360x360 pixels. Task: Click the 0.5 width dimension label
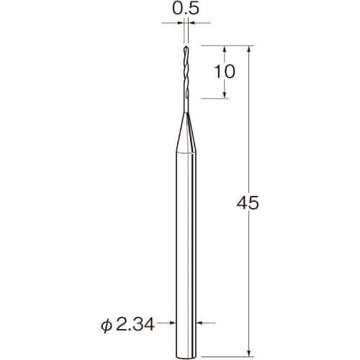(x=186, y=9)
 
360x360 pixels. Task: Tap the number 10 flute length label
(x=225, y=71)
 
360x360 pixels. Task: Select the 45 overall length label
(x=248, y=203)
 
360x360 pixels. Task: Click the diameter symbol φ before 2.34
(x=107, y=326)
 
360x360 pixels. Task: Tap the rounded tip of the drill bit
(x=186, y=48)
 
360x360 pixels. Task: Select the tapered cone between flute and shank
(x=186, y=132)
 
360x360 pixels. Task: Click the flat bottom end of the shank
(x=186, y=356)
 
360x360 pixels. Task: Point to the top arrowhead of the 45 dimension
(x=249, y=48)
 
